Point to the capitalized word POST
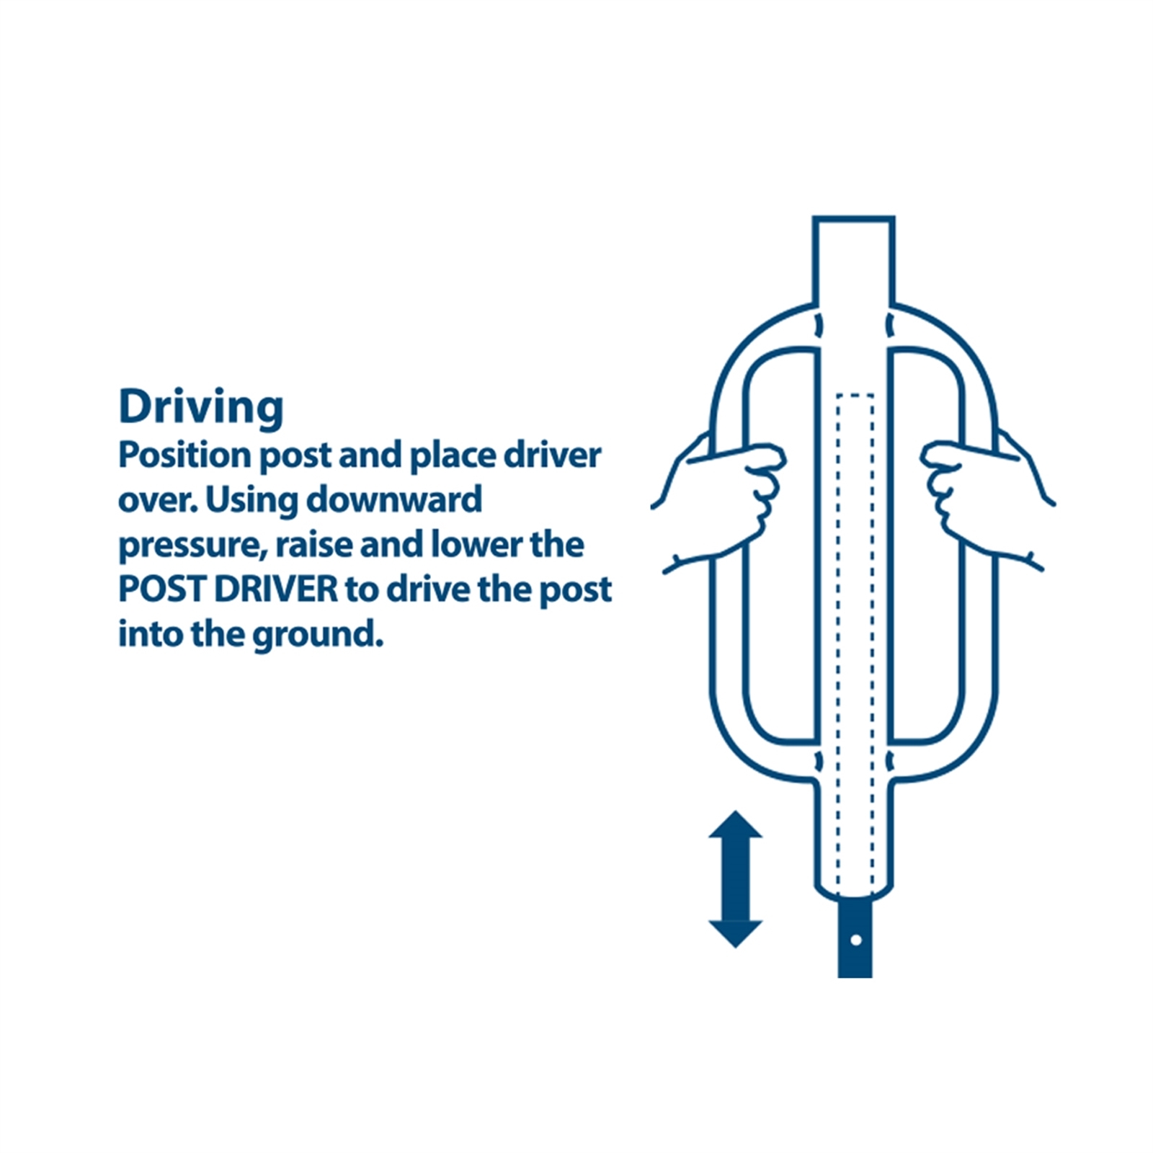[x=161, y=589]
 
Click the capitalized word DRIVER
[x=276, y=589]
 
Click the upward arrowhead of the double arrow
[x=735, y=824]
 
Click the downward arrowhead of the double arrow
[x=735, y=934]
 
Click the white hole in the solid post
[x=855, y=940]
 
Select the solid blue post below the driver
[x=855, y=935]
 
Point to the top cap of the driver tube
[x=854, y=218]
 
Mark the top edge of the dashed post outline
[x=855, y=395]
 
